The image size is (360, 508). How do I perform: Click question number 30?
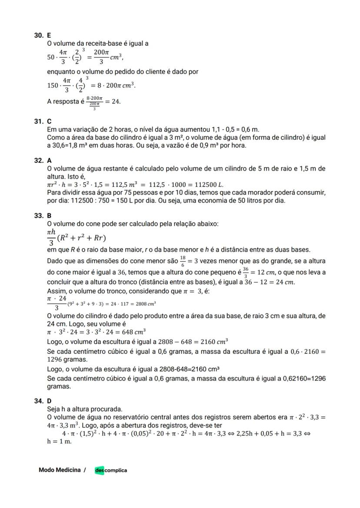point(38,36)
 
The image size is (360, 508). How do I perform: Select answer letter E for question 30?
point(49,36)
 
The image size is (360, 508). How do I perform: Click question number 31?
point(38,122)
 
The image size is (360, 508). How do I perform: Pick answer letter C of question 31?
point(49,122)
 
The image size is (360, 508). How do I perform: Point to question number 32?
point(38,160)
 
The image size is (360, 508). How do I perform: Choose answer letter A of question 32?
point(49,160)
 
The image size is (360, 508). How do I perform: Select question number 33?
point(38,216)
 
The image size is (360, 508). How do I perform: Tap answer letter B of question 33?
point(49,216)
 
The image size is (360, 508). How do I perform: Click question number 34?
point(38,401)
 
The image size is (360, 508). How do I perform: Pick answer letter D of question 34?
point(49,401)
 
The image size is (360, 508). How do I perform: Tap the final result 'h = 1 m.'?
point(59,442)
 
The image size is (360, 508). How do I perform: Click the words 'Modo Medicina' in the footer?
point(60,470)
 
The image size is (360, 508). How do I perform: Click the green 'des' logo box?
point(100,470)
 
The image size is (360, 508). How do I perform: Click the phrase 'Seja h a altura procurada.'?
point(85,409)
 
